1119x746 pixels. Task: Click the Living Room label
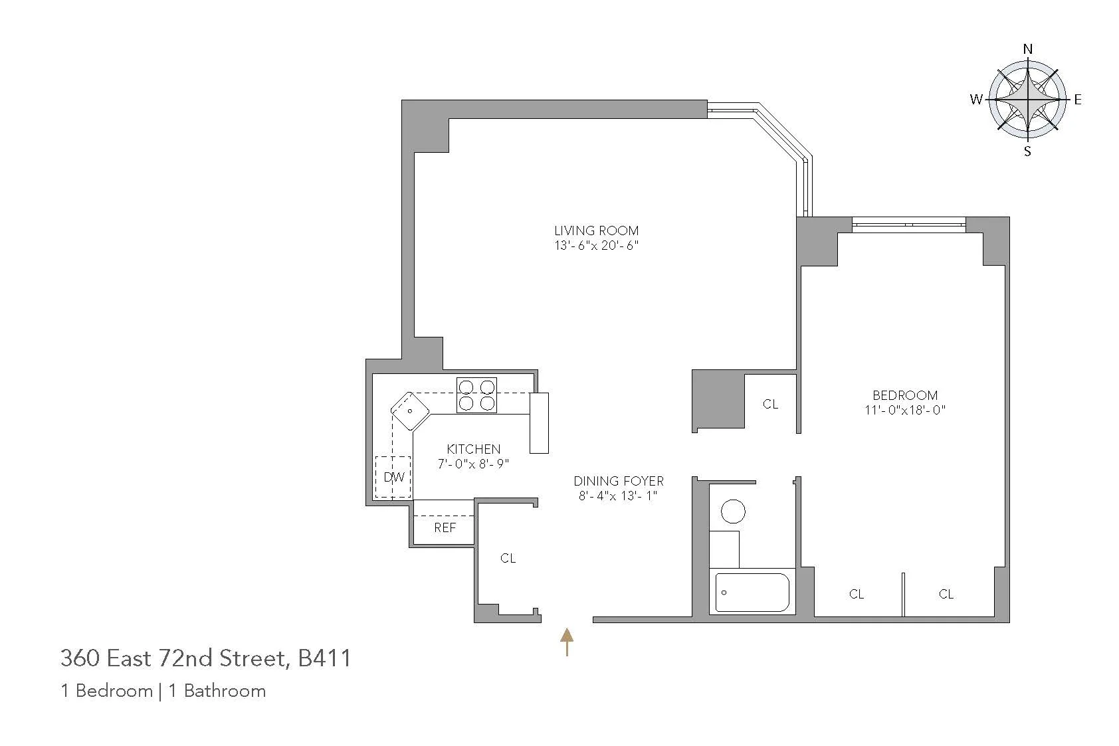coord(596,231)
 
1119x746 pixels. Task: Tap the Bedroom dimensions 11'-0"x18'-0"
coord(904,410)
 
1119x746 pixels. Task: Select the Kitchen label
coord(473,449)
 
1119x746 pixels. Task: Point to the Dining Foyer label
coord(619,480)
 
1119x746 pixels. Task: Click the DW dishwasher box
coord(393,477)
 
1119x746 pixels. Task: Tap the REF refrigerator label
coord(445,527)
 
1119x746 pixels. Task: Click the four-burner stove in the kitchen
coord(476,395)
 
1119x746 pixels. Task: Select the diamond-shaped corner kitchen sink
coord(409,411)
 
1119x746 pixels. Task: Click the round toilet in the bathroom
coord(733,512)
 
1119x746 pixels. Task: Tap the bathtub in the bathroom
coord(752,592)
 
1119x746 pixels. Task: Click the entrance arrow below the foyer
coord(566,642)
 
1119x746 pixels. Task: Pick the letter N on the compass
coord(1027,49)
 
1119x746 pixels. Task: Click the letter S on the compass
coord(1027,151)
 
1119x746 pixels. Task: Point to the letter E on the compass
coord(1077,100)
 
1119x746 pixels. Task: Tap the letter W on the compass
coord(976,100)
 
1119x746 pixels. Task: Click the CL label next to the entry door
coord(508,558)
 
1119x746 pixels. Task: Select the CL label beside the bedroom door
coord(770,404)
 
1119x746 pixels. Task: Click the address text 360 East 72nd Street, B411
coord(205,658)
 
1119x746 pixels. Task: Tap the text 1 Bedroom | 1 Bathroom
coord(163,691)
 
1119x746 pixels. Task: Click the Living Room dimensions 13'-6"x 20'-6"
coord(596,245)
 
